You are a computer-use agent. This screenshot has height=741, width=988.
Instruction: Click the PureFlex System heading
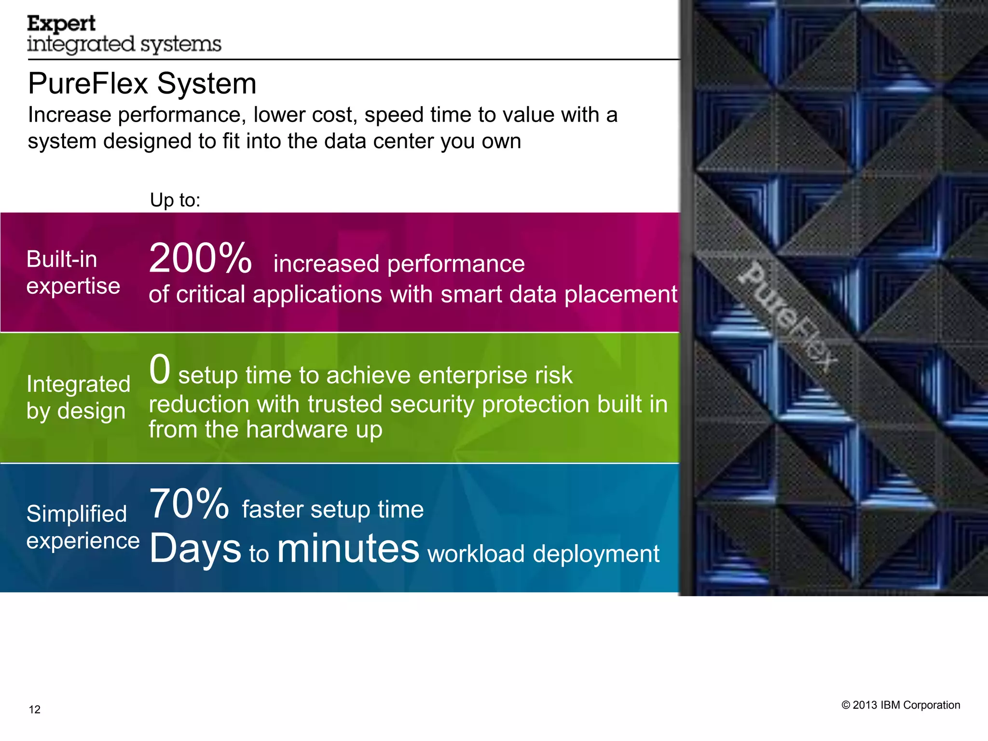click(x=142, y=83)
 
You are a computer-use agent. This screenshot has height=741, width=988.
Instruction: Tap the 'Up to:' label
click(x=175, y=200)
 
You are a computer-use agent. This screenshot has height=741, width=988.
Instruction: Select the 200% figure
click(x=200, y=259)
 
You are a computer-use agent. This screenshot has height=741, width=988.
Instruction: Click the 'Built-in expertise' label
click(x=73, y=273)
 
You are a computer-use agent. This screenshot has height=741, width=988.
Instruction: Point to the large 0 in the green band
click(x=160, y=370)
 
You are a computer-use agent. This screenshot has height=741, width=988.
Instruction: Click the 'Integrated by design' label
click(x=78, y=398)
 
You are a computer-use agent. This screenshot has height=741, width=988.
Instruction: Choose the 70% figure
click(x=189, y=504)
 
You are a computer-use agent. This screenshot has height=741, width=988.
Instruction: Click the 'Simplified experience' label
click(x=82, y=527)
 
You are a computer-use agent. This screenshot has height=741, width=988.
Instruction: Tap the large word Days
click(x=195, y=549)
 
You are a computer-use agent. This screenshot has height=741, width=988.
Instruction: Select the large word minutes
click(x=348, y=549)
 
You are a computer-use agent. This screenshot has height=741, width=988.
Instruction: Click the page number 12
click(x=35, y=709)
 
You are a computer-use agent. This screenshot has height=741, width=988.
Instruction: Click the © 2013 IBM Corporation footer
click(x=901, y=705)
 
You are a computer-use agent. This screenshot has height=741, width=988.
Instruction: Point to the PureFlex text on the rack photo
click(x=787, y=316)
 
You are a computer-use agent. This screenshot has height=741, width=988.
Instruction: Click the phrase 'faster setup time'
click(x=333, y=509)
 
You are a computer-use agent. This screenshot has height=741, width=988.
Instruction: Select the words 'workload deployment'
click(x=543, y=554)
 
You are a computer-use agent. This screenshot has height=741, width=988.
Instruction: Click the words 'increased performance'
click(x=399, y=264)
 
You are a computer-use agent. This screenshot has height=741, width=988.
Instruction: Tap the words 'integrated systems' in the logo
click(x=124, y=44)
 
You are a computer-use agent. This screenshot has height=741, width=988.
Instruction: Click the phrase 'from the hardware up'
click(x=265, y=429)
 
